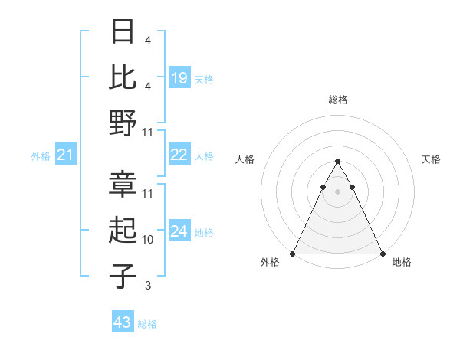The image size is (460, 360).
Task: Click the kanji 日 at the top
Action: pos(123,32)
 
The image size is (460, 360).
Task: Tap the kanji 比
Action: pos(123,77)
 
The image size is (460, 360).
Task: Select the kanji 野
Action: pos(123,123)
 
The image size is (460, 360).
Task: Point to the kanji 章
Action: pos(123,184)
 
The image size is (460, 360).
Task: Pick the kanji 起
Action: pos(123,230)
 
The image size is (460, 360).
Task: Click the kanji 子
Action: pos(123,276)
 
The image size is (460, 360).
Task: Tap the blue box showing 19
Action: pos(179,77)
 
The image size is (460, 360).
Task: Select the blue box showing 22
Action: pos(179,155)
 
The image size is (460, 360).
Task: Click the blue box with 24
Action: pos(179,232)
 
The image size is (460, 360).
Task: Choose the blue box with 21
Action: pos(66,155)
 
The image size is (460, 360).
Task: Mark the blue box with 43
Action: pos(123,322)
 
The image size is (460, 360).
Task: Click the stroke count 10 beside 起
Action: pos(148,240)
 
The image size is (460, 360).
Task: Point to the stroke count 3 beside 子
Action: pos(147,286)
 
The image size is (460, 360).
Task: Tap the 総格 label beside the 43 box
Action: pos(147,324)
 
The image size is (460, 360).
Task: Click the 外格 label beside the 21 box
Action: pos(41,156)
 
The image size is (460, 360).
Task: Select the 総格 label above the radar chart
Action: pos(337,100)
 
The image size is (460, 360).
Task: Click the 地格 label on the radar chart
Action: pos(402,263)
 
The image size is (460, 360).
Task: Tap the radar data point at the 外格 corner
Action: pos(293,254)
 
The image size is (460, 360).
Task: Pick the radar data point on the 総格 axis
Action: pos(337,162)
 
